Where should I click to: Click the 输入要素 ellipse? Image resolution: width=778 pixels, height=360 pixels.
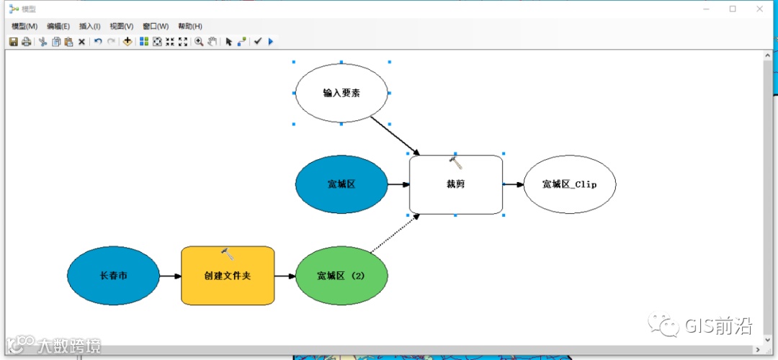pyautogui.click(x=341, y=93)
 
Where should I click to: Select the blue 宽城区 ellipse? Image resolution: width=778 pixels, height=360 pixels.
pyautogui.click(x=341, y=184)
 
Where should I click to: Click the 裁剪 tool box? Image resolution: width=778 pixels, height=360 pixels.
pyautogui.click(x=455, y=184)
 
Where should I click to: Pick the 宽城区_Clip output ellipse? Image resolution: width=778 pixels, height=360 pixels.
pyautogui.click(x=569, y=184)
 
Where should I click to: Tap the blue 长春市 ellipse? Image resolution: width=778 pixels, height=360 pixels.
pyautogui.click(x=113, y=276)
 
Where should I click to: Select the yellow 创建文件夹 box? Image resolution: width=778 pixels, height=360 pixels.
pyautogui.click(x=228, y=276)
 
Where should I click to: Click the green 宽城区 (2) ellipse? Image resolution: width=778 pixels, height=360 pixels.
pyautogui.click(x=341, y=276)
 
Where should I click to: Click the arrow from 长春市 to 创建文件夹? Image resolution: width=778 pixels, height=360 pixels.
pyautogui.click(x=169, y=276)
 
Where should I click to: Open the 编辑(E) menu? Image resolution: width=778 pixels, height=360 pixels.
pyautogui.click(x=58, y=27)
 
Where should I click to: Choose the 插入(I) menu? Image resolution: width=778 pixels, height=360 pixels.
pyautogui.click(x=90, y=27)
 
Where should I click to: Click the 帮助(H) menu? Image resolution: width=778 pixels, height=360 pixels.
pyautogui.click(x=189, y=27)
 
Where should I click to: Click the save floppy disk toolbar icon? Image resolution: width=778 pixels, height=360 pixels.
pyautogui.click(x=13, y=42)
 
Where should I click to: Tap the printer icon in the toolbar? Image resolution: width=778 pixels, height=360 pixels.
pyautogui.click(x=26, y=42)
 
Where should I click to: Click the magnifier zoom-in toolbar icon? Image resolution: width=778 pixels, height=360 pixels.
pyautogui.click(x=199, y=42)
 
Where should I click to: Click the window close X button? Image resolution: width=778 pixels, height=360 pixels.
pyautogui.click(x=759, y=9)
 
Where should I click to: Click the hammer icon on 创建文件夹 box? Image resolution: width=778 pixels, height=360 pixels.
pyautogui.click(x=228, y=254)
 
